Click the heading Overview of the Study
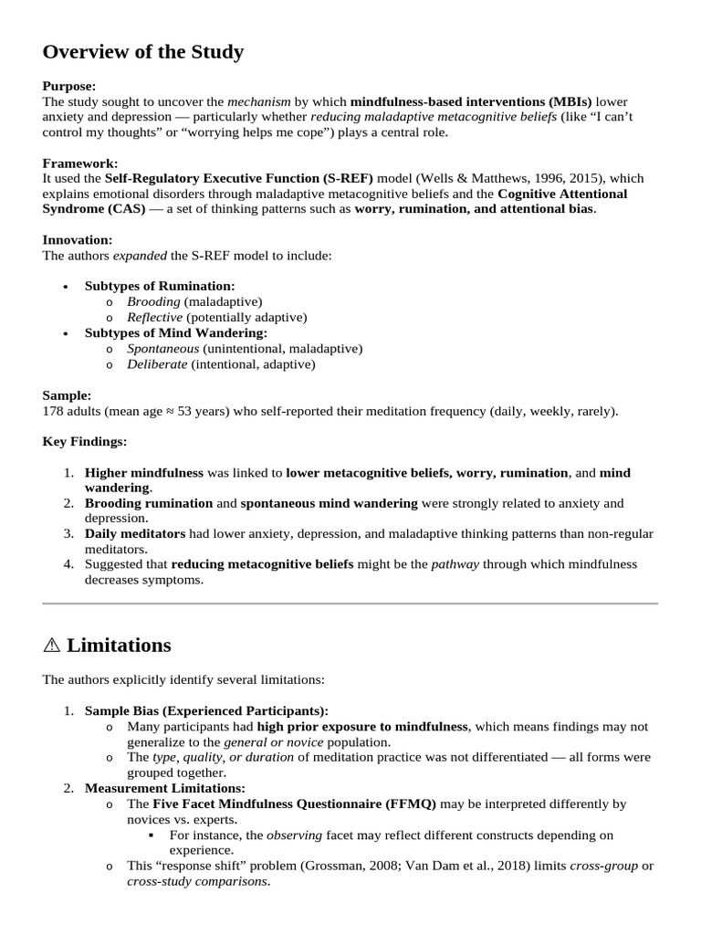point(143,52)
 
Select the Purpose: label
point(69,86)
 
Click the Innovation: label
point(78,240)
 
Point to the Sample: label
point(67,395)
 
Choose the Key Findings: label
point(85,442)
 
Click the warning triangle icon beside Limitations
point(51,646)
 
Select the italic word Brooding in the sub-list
point(153,301)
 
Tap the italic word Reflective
point(154,317)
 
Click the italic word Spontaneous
point(162,349)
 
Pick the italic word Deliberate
point(157,364)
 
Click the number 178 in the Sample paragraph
point(53,411)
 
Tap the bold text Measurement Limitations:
point(164,788)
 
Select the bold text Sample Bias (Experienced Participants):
point(206,710)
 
